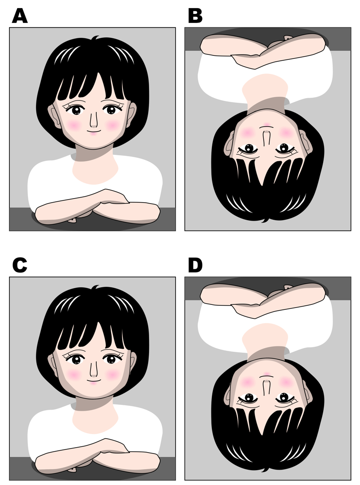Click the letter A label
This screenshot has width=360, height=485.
pyautogui.click(x=20, y=16)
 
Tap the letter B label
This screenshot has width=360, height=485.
pyautogui.click(x=195, y=16)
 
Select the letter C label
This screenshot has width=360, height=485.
pyautogui.click(x=20, y=265)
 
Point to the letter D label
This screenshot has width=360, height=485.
pyautogui.click(x=195, y=265)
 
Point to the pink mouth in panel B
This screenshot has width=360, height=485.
pyautogui.click(x=267, y=124)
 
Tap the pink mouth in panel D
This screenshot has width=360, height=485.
pyautogui.click(x=267, y=374)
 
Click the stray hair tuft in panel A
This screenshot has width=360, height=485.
pyautogui.click(x=95, y=38)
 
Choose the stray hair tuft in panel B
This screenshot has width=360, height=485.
pyautogui.click(x=265, y=220)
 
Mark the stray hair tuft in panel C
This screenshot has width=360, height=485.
pyautogui.click(x=95, y=287)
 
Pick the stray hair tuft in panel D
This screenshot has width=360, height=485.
pyautogui.click(x=265, y=470)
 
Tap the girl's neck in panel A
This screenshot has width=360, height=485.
pyautogui.click(x=95, y=168)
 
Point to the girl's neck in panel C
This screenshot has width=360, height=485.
pyautogui.click(x=95, y=418)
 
